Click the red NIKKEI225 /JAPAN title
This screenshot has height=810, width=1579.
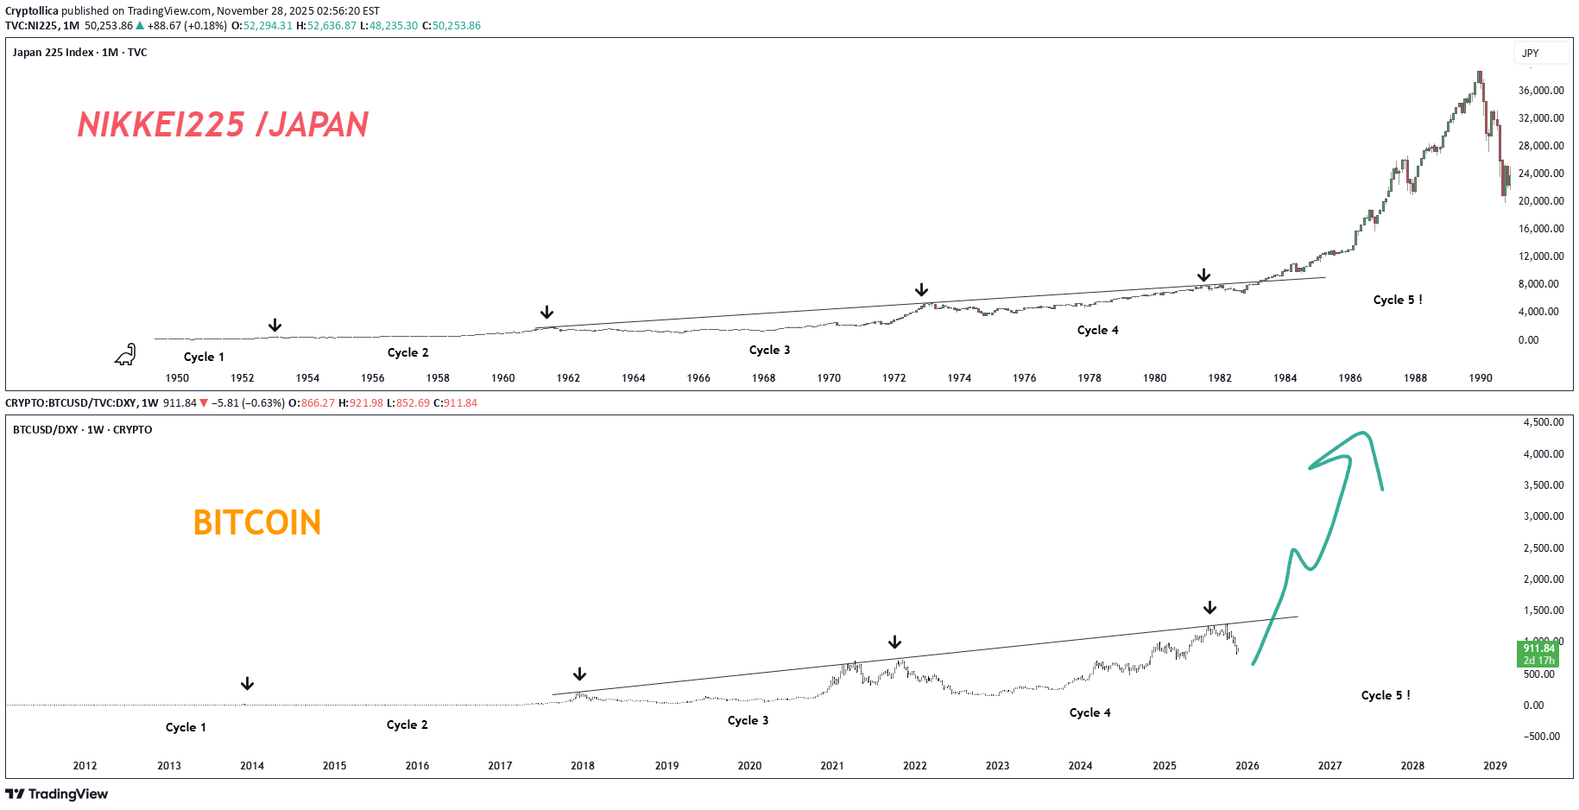(x=223, y=125)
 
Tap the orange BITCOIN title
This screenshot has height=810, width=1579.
(x=257, y=522)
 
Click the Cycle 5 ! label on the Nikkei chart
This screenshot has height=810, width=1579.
(x=1397, y=300)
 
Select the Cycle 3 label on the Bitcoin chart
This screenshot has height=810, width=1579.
(x=748, y=720)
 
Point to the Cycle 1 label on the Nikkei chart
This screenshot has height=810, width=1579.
(x=204, y=357)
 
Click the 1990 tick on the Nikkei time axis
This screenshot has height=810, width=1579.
(x=1480, y=378)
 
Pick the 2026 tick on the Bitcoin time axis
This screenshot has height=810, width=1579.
(x=1247, y=766)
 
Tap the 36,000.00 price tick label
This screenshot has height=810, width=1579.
(x=1540, y=91)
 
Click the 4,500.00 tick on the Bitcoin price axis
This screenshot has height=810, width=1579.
(x=1543, y=422)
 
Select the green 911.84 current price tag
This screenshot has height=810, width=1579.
(x=1538, y=654)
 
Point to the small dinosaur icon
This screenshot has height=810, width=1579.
(x=126, y=355)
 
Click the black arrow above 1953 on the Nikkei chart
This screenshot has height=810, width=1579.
(x=275, y=325)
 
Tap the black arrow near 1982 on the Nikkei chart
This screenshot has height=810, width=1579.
(x=1203, y=275)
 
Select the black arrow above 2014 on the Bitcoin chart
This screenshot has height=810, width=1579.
(x=247, y=684)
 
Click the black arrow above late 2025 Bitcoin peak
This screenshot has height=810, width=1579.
(x=1210, y=608)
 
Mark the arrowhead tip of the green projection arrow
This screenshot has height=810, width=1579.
(x=1365, y=433)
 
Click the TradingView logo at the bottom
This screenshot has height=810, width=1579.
(x=57, y=794)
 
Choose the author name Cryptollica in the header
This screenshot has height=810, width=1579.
(x=32, y=11)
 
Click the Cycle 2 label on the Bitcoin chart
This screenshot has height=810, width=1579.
(x=407, y=725)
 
